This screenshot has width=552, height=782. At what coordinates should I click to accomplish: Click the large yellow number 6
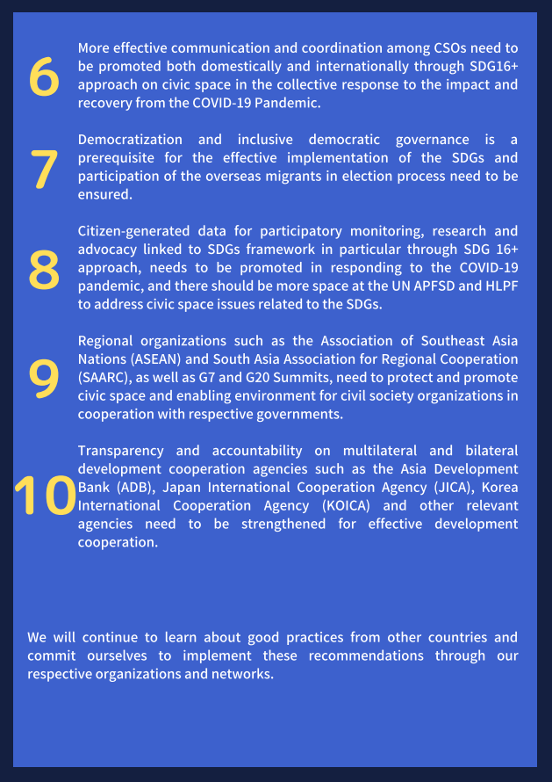(x=44, y=77)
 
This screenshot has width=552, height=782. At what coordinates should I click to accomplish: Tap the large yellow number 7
(x=44, y=170)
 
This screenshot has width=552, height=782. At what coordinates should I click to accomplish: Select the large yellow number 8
(x=44, y=270)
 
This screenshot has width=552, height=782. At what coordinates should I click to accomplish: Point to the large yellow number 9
(x=44, y=378)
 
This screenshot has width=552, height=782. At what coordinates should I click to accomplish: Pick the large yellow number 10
(x=46, y=496)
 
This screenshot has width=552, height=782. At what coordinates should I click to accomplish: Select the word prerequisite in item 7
(x=118, y=158)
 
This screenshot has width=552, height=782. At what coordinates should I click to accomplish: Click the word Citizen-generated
(x=133, y=231)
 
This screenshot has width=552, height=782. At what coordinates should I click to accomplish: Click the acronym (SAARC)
(x=104, y=378)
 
